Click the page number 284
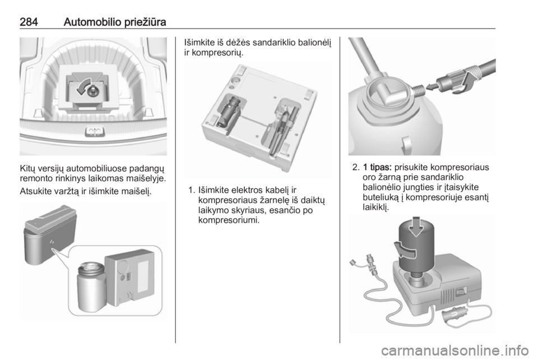point(29,22)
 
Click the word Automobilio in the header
point(92,22)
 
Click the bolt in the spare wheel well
point(92,91)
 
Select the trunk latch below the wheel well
point(94,131)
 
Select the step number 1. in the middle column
point(192,190)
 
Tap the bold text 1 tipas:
point(377,168)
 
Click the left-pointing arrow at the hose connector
point(434,86)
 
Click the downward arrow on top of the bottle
point(416,226)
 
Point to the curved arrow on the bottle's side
point(405,251)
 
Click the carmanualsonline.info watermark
point(454,350)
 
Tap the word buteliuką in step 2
point(381,197)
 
